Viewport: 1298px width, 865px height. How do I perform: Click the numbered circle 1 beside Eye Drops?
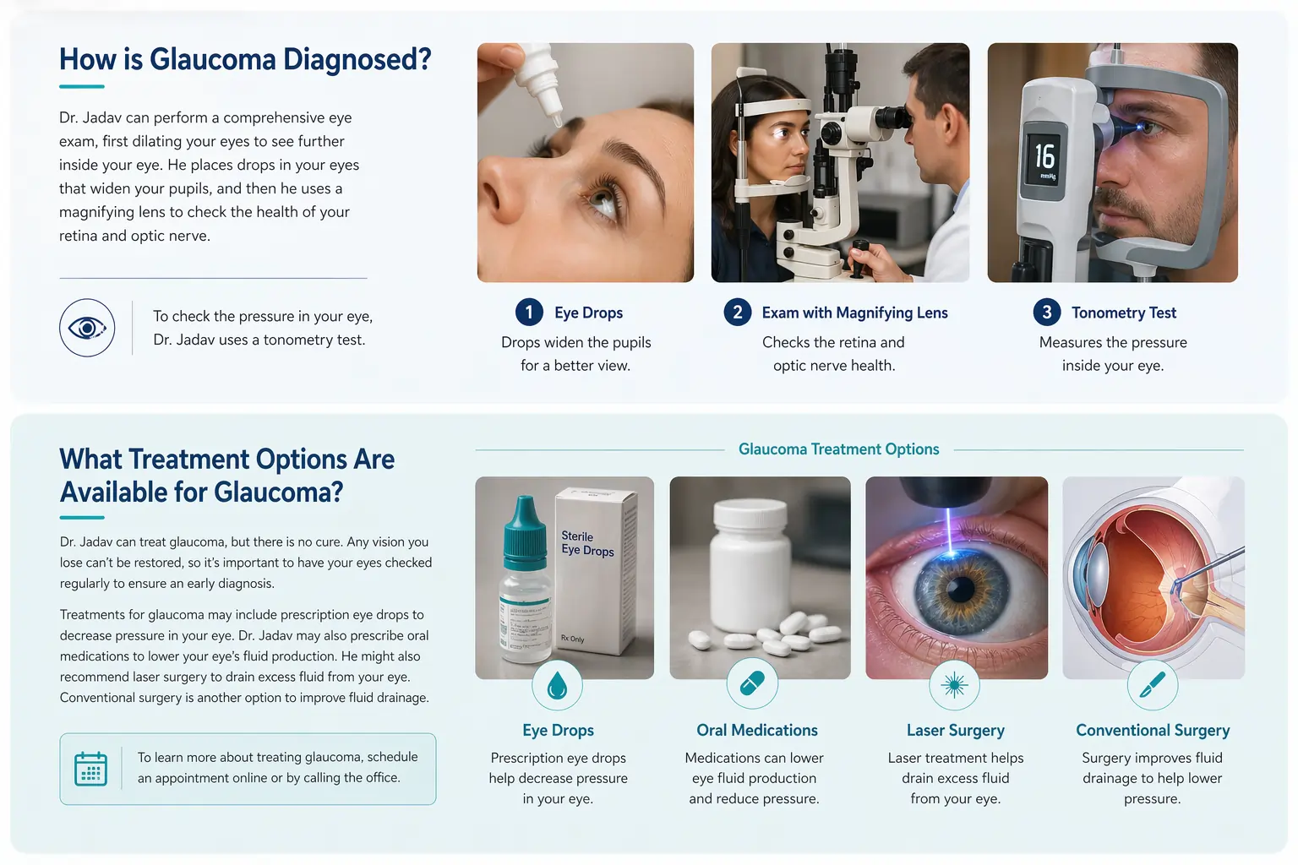pos(529,313)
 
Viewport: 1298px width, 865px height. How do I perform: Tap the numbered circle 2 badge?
pos(737,313)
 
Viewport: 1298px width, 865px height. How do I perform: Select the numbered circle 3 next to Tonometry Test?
pos(1046,313)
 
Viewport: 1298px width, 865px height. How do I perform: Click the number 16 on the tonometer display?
pos(1044,155)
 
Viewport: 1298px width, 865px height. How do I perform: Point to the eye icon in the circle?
pos(87,328)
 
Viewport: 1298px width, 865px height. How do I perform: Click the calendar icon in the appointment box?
pos(91,769)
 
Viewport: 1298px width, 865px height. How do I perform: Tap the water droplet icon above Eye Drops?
pos(557,685)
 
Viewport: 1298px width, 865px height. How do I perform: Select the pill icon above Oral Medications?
pos(752,684)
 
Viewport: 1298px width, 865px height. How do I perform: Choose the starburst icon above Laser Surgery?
pos(954,685)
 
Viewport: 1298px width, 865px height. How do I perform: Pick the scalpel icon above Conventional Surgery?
pos(1152,685)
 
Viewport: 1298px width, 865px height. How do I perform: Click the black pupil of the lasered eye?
pos(960,590)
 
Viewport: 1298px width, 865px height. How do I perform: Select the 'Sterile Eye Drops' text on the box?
pos(587,543)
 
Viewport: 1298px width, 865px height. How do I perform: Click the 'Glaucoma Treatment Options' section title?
pos(838,449)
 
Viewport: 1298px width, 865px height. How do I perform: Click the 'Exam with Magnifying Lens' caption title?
pos(854,313)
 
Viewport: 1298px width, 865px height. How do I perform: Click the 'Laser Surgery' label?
pos(956,730)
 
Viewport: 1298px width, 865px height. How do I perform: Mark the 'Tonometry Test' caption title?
pos(1124,313)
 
